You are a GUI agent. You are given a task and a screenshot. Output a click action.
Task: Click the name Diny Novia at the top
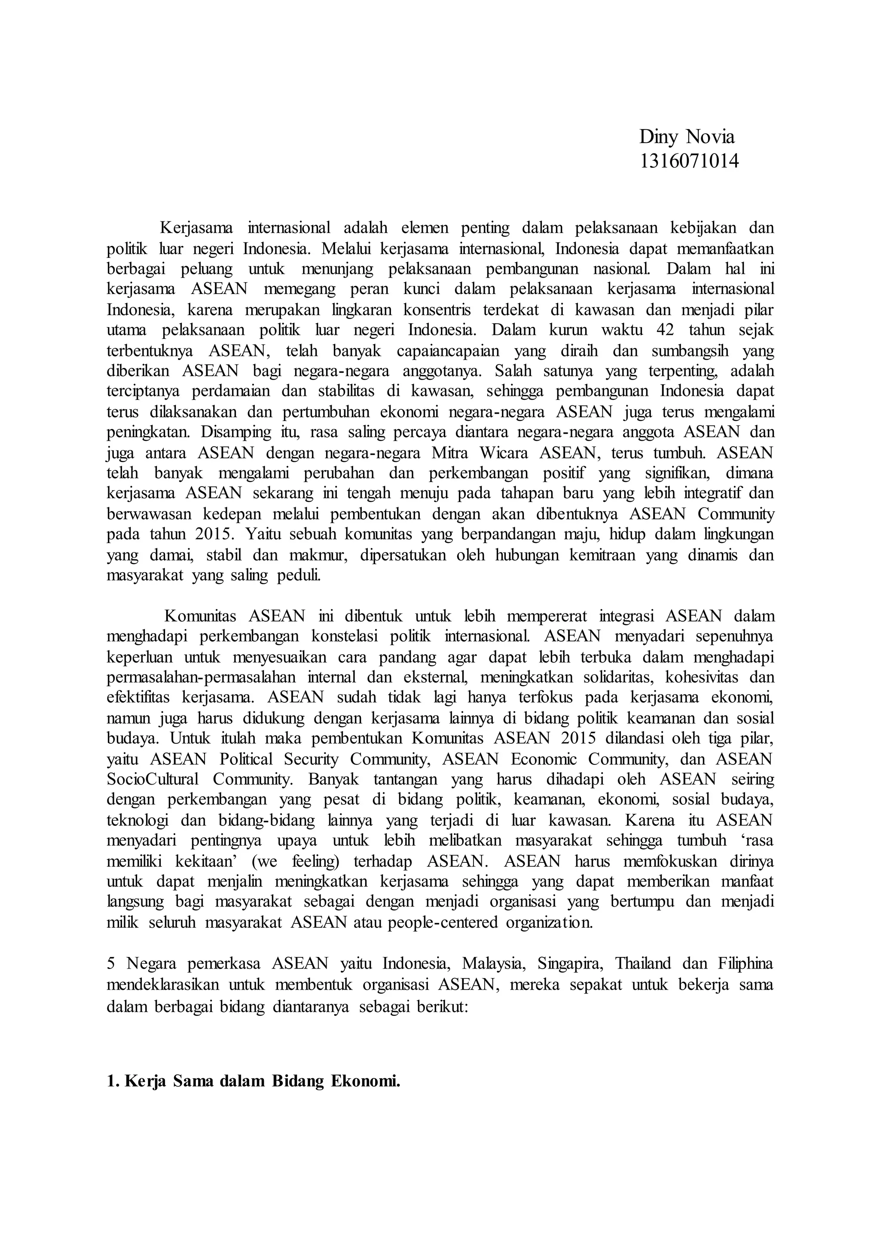click(687, 137)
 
